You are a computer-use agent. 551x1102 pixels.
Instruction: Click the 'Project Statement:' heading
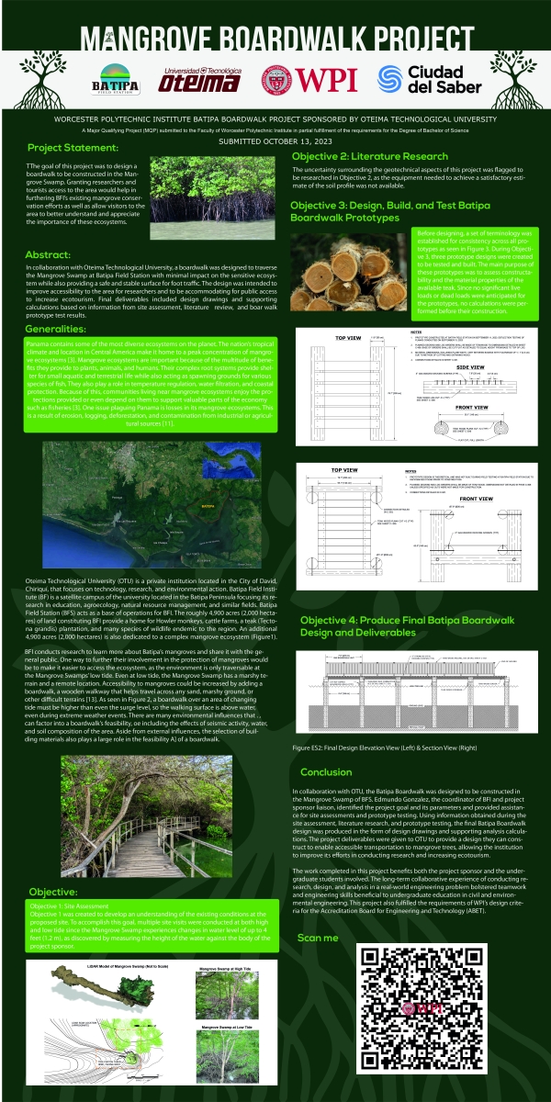pos(73,148)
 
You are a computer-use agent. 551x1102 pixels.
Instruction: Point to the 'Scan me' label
pos(319,938)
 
